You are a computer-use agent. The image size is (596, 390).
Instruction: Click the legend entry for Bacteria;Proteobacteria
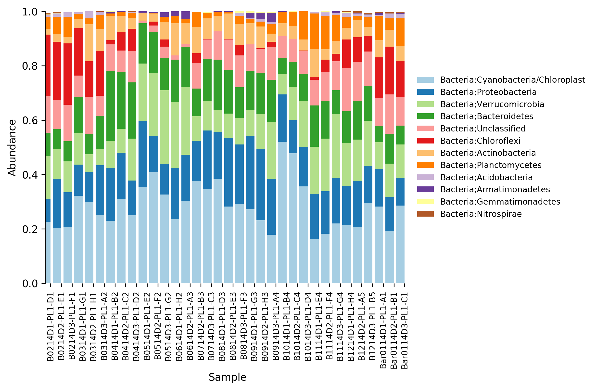pyautogui.click(x=488, y=92)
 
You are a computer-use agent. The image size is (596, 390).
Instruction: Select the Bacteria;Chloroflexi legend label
pyautogui.click(x=480, y=141)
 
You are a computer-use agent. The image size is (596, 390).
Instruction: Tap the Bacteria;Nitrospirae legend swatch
pyautogui.click(x=425, y=214)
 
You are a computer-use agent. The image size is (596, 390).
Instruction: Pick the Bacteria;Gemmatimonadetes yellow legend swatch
pyautogui.click(x=425, y=202)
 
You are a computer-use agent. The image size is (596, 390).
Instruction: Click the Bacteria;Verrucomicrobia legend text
pyautogui.click(x=492, y=104)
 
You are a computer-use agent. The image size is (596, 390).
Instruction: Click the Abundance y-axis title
pyautogui.click(x=12, y=148)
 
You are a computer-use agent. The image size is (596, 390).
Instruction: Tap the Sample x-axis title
pyautogui.click(x=227, y=377)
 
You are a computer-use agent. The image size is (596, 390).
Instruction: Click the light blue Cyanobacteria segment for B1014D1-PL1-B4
pyautogui.click(x=282, y=213)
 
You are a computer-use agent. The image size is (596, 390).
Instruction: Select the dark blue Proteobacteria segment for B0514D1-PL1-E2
pyautogui.click(x=143, y=154)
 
